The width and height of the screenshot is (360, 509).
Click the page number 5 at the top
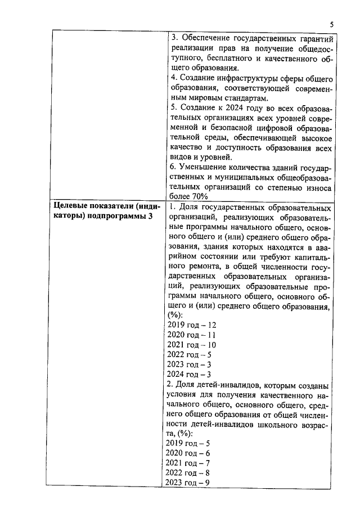click(x=331, y=24)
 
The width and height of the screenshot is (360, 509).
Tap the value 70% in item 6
click(x=199, y=197)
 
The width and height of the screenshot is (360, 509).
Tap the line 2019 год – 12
click(x=192, y=325)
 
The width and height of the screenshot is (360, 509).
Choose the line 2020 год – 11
click(x=192, y=335)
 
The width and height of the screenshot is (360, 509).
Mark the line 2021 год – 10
click(x=192, y=344)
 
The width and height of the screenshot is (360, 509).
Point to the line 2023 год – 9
click(x=188, y=483)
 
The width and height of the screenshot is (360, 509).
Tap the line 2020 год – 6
click(x=188, y=453)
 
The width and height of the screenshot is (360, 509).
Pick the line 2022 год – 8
click(x=188, y=473)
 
